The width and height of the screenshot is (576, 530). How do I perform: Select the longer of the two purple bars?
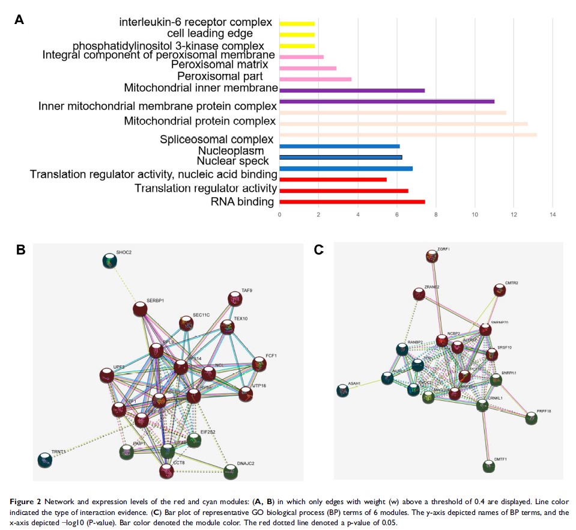point(387,101)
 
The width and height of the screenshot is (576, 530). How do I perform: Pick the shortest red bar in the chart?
point(333,180)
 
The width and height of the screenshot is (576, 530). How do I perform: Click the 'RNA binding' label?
point(243,202)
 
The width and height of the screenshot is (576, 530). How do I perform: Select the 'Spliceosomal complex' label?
point(217,139)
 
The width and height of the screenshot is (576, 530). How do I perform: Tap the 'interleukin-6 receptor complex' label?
point(196,23)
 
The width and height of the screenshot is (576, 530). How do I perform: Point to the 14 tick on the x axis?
point(553,214)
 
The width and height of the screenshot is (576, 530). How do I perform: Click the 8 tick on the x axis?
point(436,214)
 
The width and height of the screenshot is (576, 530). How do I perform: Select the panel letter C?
point(320,249)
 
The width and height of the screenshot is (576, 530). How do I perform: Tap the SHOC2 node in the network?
point(109,261)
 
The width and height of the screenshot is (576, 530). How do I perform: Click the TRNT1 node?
point(44,460)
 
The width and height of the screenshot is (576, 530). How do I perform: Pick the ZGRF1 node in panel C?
point(431,257)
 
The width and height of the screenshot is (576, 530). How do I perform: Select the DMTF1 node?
point(490,466)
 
